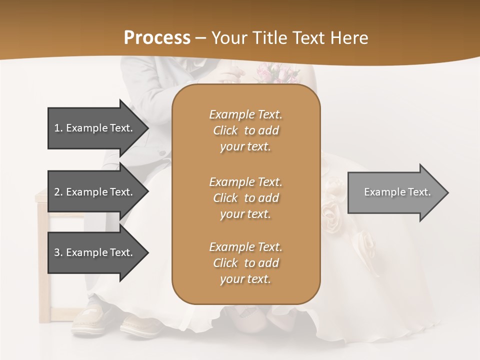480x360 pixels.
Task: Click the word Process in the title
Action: pos(157,37)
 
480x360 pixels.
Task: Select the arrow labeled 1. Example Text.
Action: pos(95,128)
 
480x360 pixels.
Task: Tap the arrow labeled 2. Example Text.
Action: pos(95,192)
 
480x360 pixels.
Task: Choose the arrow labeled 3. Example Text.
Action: pos(95,252)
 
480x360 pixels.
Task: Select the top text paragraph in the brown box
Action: pos(245,130)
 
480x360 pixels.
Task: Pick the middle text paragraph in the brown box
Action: pos(245,198)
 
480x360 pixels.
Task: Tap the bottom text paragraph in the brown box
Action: pos(245,263)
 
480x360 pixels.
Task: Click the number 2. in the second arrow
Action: pos(58,192)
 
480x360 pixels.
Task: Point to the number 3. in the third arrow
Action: pos(58,252)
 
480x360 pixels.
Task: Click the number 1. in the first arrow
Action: pos(58,128)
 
